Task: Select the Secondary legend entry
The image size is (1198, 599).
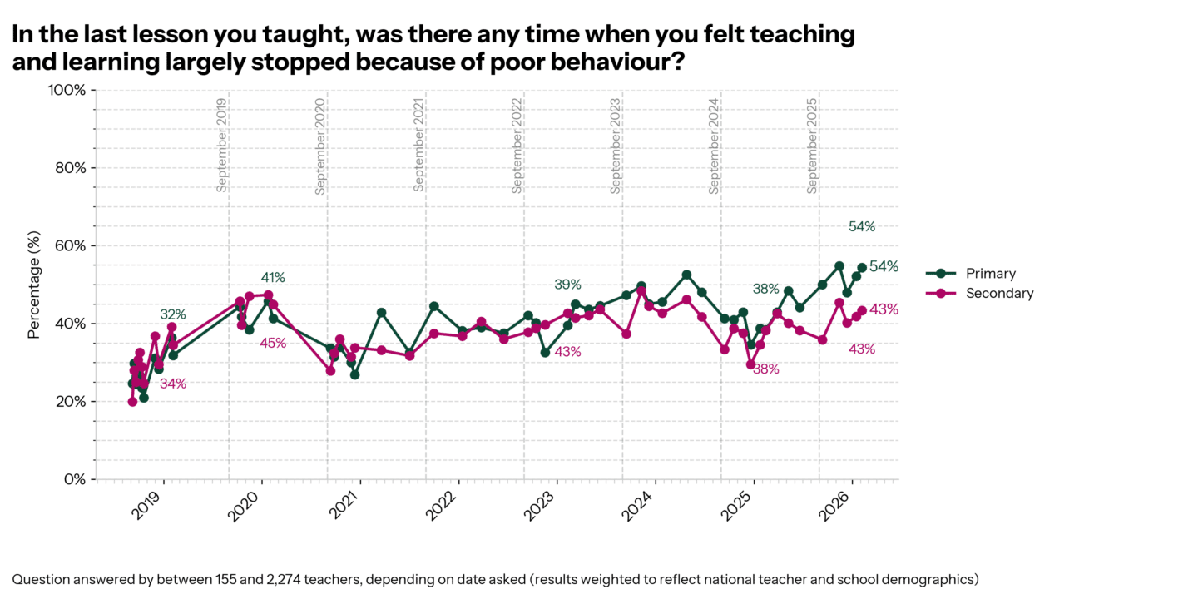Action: tap(999, 293)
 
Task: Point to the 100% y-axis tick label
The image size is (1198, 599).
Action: tap(68, 90)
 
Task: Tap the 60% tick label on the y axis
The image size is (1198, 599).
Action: tap(71, 245)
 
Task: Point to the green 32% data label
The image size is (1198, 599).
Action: tap(173, 314)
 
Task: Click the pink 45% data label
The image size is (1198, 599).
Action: tap(273, 343)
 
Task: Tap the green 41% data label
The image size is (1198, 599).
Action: tap(273, 277)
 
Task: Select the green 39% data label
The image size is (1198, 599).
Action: tap(567, 285)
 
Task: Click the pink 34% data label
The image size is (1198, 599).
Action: tap(173, 384)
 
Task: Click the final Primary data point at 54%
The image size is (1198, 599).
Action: tap(863, 267)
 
